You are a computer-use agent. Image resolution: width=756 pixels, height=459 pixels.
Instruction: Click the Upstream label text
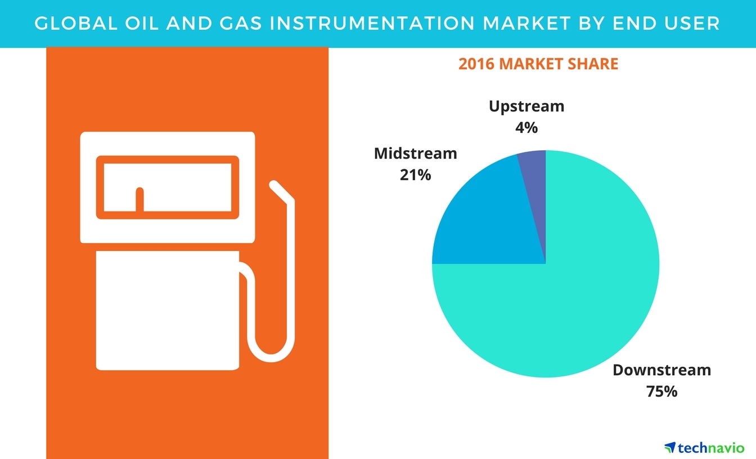(526, 106)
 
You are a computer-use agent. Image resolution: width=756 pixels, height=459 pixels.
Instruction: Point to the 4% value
(526, 128)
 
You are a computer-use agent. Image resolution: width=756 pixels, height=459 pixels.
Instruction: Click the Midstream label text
(416, 154)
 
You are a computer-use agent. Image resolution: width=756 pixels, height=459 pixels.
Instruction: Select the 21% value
(416, 175)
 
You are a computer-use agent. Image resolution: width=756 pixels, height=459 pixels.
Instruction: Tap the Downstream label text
(662, 370)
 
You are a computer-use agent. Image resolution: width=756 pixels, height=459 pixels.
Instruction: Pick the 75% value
(662, 391)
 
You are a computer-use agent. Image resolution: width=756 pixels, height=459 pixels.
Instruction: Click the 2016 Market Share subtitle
(538, 64)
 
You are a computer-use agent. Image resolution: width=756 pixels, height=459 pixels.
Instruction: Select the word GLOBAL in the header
(76, 23)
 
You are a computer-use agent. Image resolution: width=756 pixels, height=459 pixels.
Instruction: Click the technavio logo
(704, 448)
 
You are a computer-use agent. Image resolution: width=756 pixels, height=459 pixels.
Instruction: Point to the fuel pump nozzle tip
(274, 185)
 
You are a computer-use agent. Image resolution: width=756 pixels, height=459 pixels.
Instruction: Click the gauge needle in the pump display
(139, 199)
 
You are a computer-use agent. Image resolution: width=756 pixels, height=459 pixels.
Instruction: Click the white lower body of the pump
(168, 310)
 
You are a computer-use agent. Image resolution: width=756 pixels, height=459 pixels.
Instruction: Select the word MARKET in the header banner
(527, 23)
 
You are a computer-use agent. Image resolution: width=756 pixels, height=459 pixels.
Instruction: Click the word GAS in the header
(241, 23)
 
